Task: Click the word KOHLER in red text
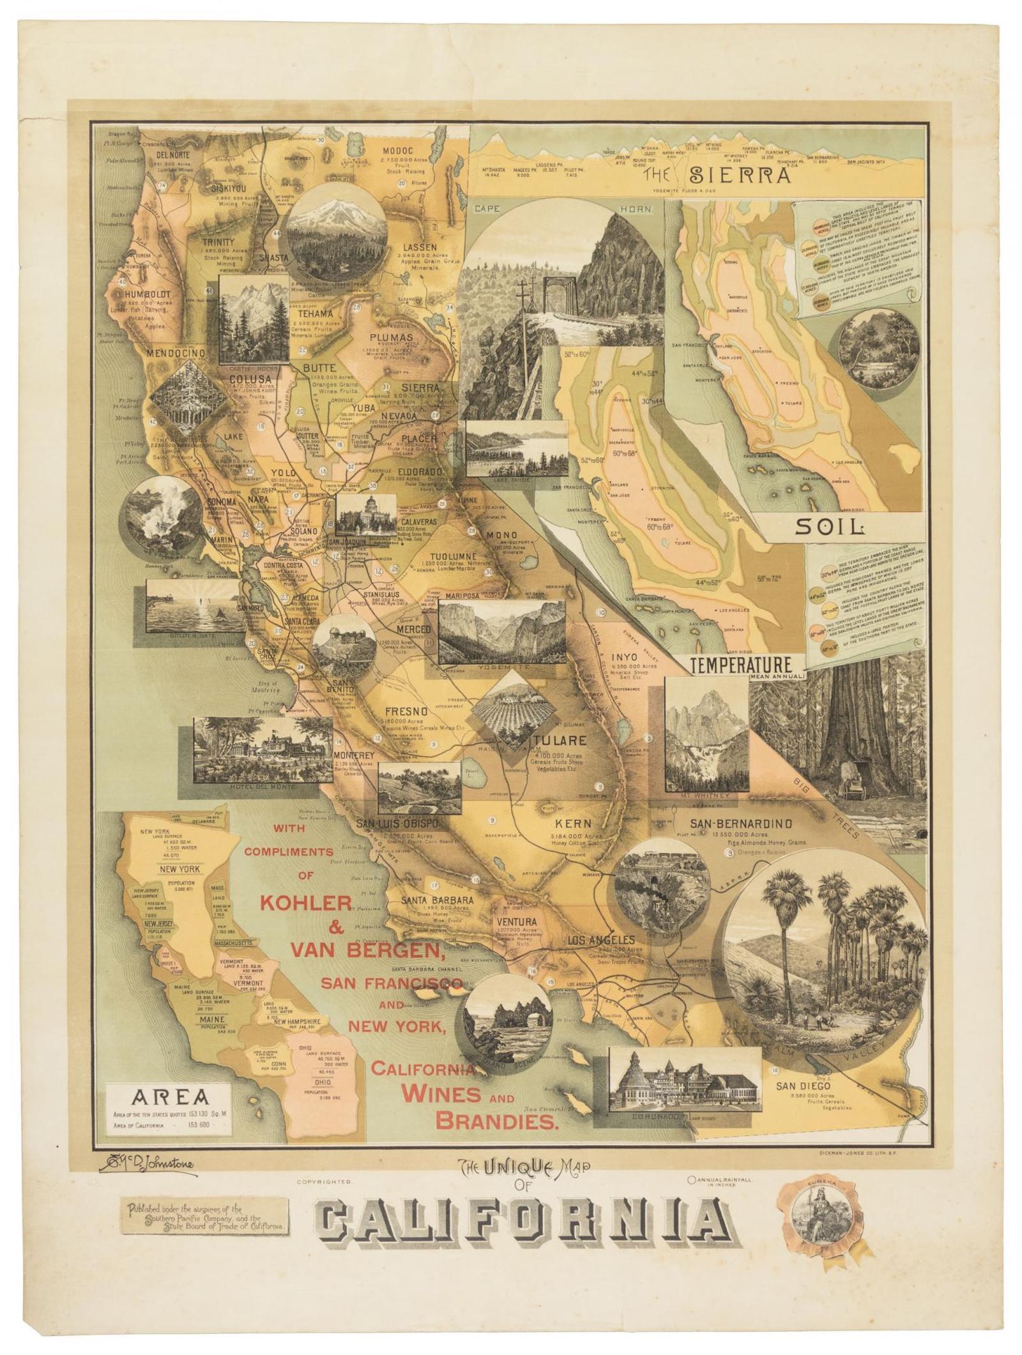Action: [306, 902]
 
